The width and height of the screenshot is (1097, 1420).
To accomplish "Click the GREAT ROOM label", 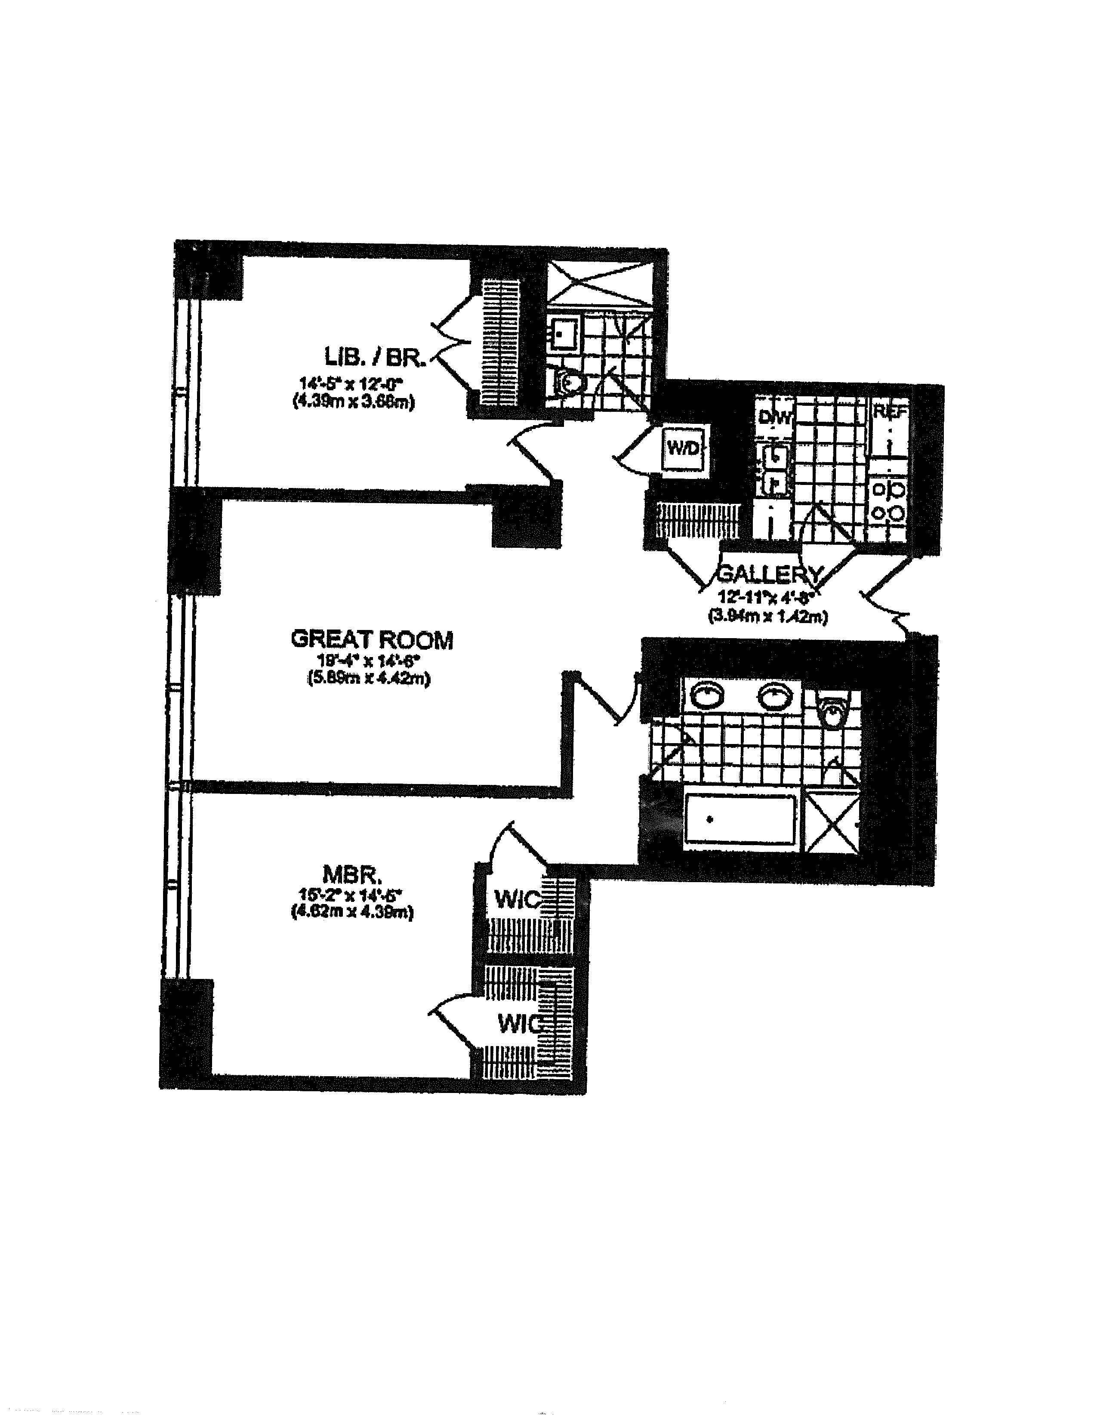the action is [x=372, y=640].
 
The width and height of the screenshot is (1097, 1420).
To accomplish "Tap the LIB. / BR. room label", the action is [x=375, y=357].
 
